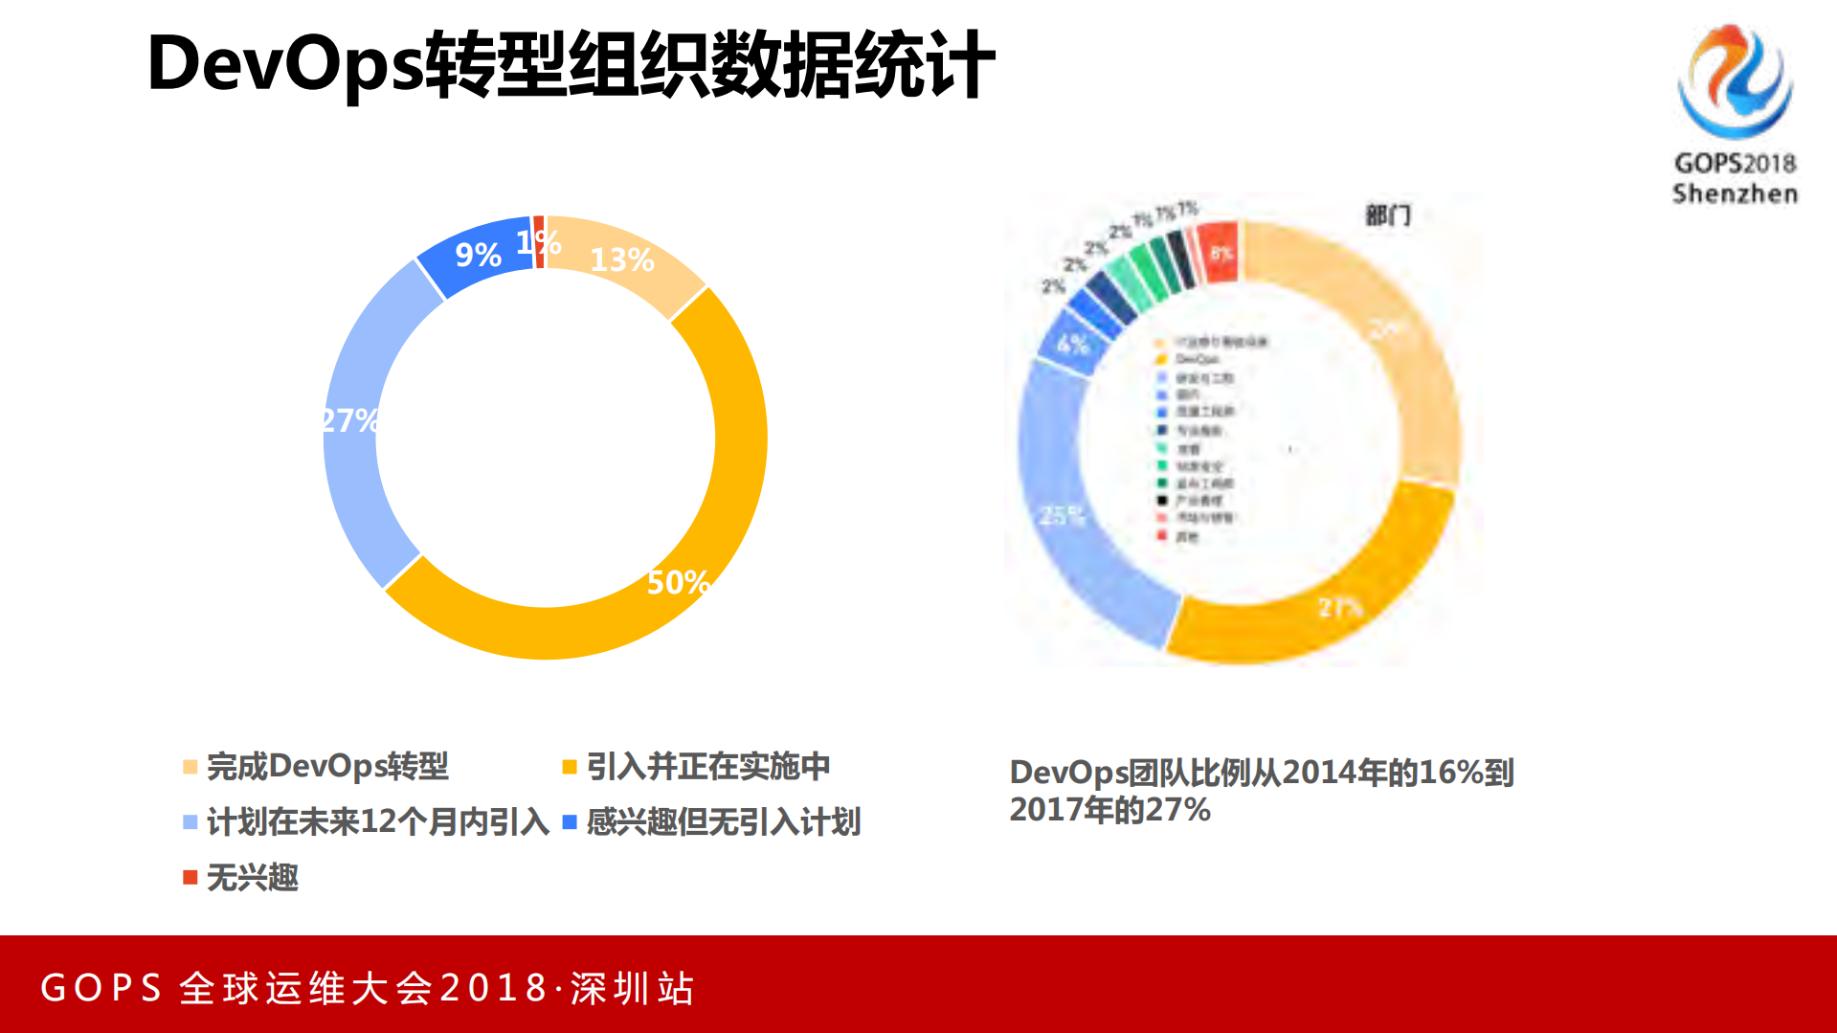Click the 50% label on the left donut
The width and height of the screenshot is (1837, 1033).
678,582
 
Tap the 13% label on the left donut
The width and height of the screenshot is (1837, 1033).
621,259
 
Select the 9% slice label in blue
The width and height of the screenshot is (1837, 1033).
478,255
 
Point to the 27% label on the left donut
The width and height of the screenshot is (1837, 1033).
349,420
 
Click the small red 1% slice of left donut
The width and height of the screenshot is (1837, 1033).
539,241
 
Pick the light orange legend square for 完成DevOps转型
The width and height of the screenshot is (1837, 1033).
190,767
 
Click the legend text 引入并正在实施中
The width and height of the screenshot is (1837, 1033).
707,766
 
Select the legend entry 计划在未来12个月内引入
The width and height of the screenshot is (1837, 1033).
377,821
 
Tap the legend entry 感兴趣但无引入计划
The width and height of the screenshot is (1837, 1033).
723,821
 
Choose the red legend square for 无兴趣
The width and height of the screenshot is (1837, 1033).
190,877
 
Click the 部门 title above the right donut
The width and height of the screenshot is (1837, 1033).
1387,215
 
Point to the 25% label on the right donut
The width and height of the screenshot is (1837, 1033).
1062,516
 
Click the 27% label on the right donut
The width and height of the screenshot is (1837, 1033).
1339,608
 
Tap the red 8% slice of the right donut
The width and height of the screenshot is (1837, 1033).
1220,253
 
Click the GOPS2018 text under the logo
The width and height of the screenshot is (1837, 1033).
1735,164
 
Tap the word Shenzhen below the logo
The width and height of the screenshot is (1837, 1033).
1735,193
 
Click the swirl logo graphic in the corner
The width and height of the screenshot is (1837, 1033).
1735,81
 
